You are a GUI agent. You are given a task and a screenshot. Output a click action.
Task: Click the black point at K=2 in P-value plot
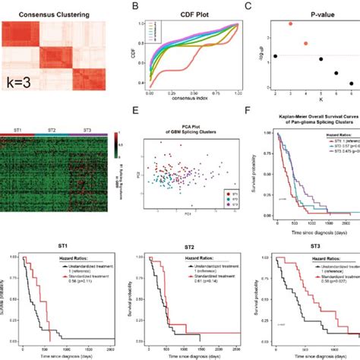(274, 56)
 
